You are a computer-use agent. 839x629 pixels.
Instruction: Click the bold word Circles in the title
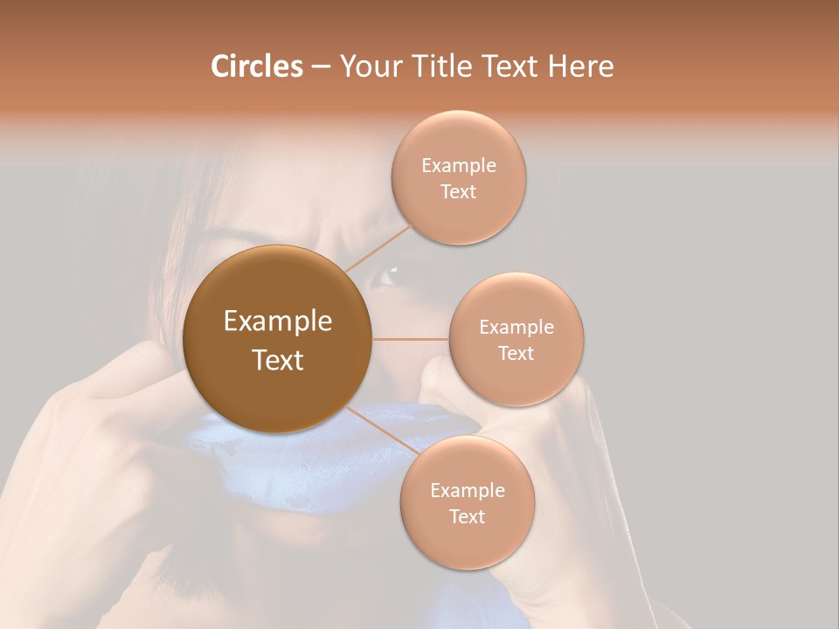[256, 66]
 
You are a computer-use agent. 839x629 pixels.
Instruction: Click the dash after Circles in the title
[321, 67]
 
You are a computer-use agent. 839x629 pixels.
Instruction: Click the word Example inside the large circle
[278, 321]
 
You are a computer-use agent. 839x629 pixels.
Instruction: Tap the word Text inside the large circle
[278, 360]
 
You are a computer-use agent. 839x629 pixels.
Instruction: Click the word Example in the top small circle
[459, 165]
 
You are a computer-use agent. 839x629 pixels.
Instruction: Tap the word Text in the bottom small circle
[467, 516]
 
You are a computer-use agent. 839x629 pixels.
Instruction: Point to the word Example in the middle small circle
[517, 327]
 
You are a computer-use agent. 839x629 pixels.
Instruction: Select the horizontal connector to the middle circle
[410, 339]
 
